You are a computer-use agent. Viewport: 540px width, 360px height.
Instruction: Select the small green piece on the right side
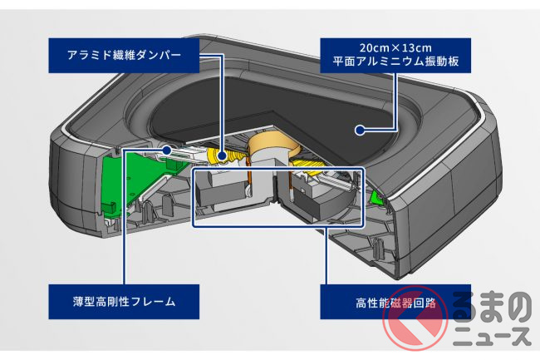click(376, 198)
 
